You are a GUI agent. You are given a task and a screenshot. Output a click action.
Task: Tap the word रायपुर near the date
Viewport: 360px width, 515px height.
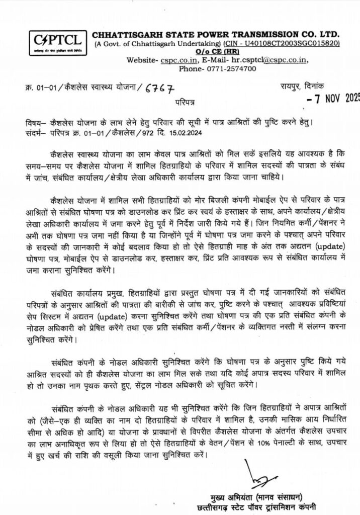coord(292,87)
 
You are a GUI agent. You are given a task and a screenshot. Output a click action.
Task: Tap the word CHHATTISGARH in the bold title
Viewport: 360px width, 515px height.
coord(120,34)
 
